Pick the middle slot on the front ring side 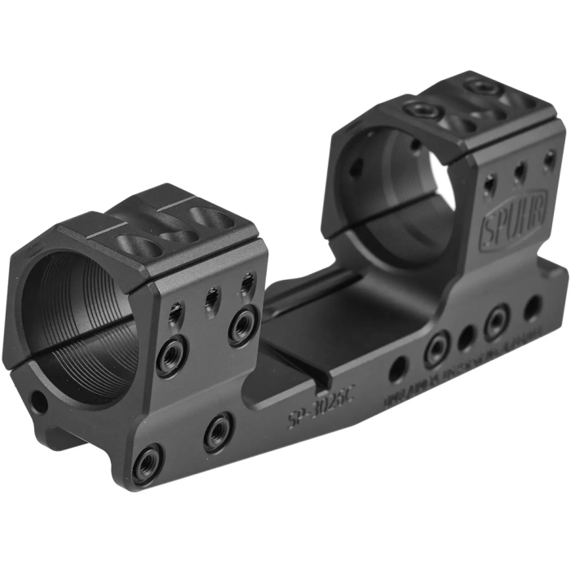tap(211, 299)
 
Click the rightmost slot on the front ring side tap(246, 285)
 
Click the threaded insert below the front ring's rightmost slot tap(243, 327)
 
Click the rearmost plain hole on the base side tap(532, 308)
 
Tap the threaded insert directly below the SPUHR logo tap(497, 322)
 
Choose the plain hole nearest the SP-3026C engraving tap(397, 370)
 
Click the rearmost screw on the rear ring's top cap tap(481, 87)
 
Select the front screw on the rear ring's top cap tap(423, 112)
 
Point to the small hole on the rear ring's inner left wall tap(356, 169)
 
